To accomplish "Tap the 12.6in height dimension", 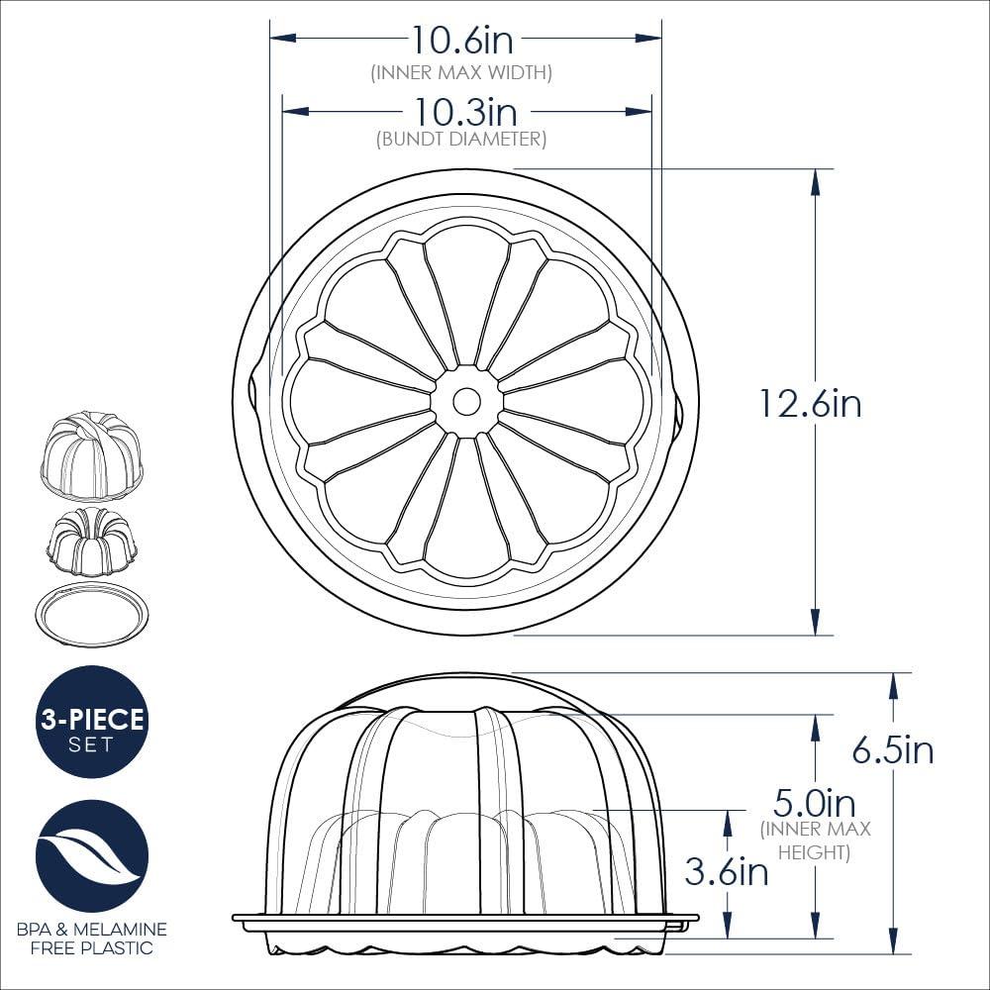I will click(x=809, y=403).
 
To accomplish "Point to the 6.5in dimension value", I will click(x=892, y=749).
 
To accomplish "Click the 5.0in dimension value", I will click(x=814, y=801).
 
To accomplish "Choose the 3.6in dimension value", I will click(x=726, y=871).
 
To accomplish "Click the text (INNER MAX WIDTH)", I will click(x=460, y=72).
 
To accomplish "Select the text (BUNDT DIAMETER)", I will click(x=460, y=140).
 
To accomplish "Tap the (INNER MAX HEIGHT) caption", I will click(x=814, y=841).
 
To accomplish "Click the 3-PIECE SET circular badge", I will click(x=92, y=722).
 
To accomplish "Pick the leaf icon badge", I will click(x=92, y=856).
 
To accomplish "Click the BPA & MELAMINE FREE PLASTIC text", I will click(x=92, y=940).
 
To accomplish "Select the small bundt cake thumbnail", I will click(x=92, y=542).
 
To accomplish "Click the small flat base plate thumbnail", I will click(x=92, y=615).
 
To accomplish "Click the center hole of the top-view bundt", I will click(x=466, y=401).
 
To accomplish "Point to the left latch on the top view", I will click(x=248, y=391).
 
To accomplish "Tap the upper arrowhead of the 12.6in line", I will click(x=815, y=178).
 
